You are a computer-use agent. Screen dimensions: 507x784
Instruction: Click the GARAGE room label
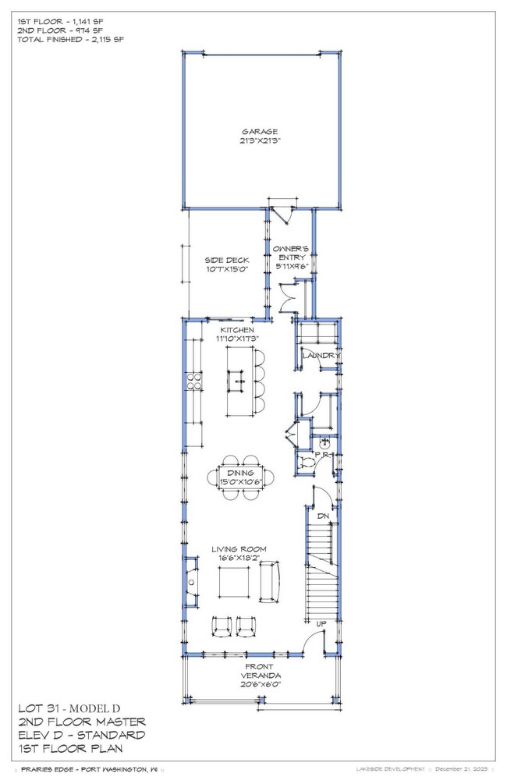click(260, 132)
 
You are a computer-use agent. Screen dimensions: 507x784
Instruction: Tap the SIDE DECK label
click(226, 260)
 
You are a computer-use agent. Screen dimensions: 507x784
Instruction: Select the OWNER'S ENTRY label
click(290, 253)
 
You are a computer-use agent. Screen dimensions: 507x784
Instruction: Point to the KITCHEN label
click(237, 330)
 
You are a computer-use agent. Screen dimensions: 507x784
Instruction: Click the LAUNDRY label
click(321, 356)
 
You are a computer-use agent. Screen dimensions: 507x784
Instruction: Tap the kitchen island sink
click(237, 381)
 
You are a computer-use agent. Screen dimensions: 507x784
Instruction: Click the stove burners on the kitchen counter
click(194, 381)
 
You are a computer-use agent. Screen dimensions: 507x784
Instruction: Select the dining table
click(240, 477)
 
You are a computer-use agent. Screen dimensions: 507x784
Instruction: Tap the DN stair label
click(323, 516)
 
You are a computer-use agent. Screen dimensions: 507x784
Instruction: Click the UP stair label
click(321, 624)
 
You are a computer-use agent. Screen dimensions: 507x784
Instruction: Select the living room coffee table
click(233, 583)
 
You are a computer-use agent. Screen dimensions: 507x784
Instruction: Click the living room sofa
click(270, 582)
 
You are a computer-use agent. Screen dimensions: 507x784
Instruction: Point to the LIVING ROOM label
click(239, 549)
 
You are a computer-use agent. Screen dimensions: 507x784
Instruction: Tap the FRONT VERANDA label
click(260, 671)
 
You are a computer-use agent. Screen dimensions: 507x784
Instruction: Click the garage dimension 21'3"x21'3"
click(260, 141)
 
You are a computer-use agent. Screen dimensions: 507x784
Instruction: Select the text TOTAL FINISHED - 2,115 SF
click(70, 40)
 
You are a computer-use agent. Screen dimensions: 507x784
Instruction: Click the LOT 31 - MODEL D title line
click(69, 708)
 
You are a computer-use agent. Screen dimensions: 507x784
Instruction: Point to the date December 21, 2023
click(461, 769)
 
